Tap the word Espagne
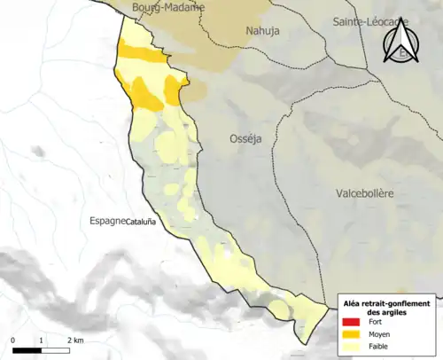pos(106,222)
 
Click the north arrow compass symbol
pos(402,41)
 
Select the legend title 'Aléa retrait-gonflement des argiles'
pos(388,307)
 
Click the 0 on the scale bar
pos(13,340)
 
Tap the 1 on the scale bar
pos(42,340)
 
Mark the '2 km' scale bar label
pos(74,340)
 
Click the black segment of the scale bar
pos(27,350)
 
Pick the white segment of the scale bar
pos(56,350)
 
